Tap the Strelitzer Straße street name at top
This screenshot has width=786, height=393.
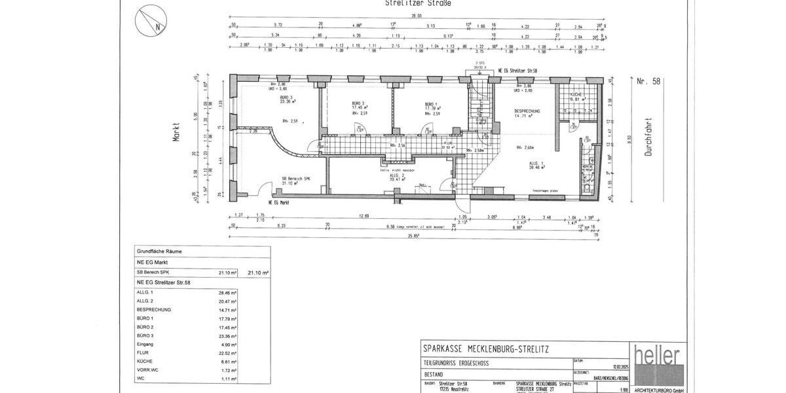point(419,3)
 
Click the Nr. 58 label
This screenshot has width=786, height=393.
point(648,82)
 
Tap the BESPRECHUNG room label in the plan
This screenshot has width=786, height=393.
point(527,112)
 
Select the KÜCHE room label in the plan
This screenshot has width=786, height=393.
point(578,95)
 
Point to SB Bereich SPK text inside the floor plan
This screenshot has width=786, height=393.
point(295,178)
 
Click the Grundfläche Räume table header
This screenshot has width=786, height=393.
point(159,251)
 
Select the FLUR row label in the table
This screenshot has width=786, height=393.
point(143,352)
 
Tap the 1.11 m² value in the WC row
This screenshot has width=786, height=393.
point(227,379)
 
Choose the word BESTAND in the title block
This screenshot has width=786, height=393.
point(434,373)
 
